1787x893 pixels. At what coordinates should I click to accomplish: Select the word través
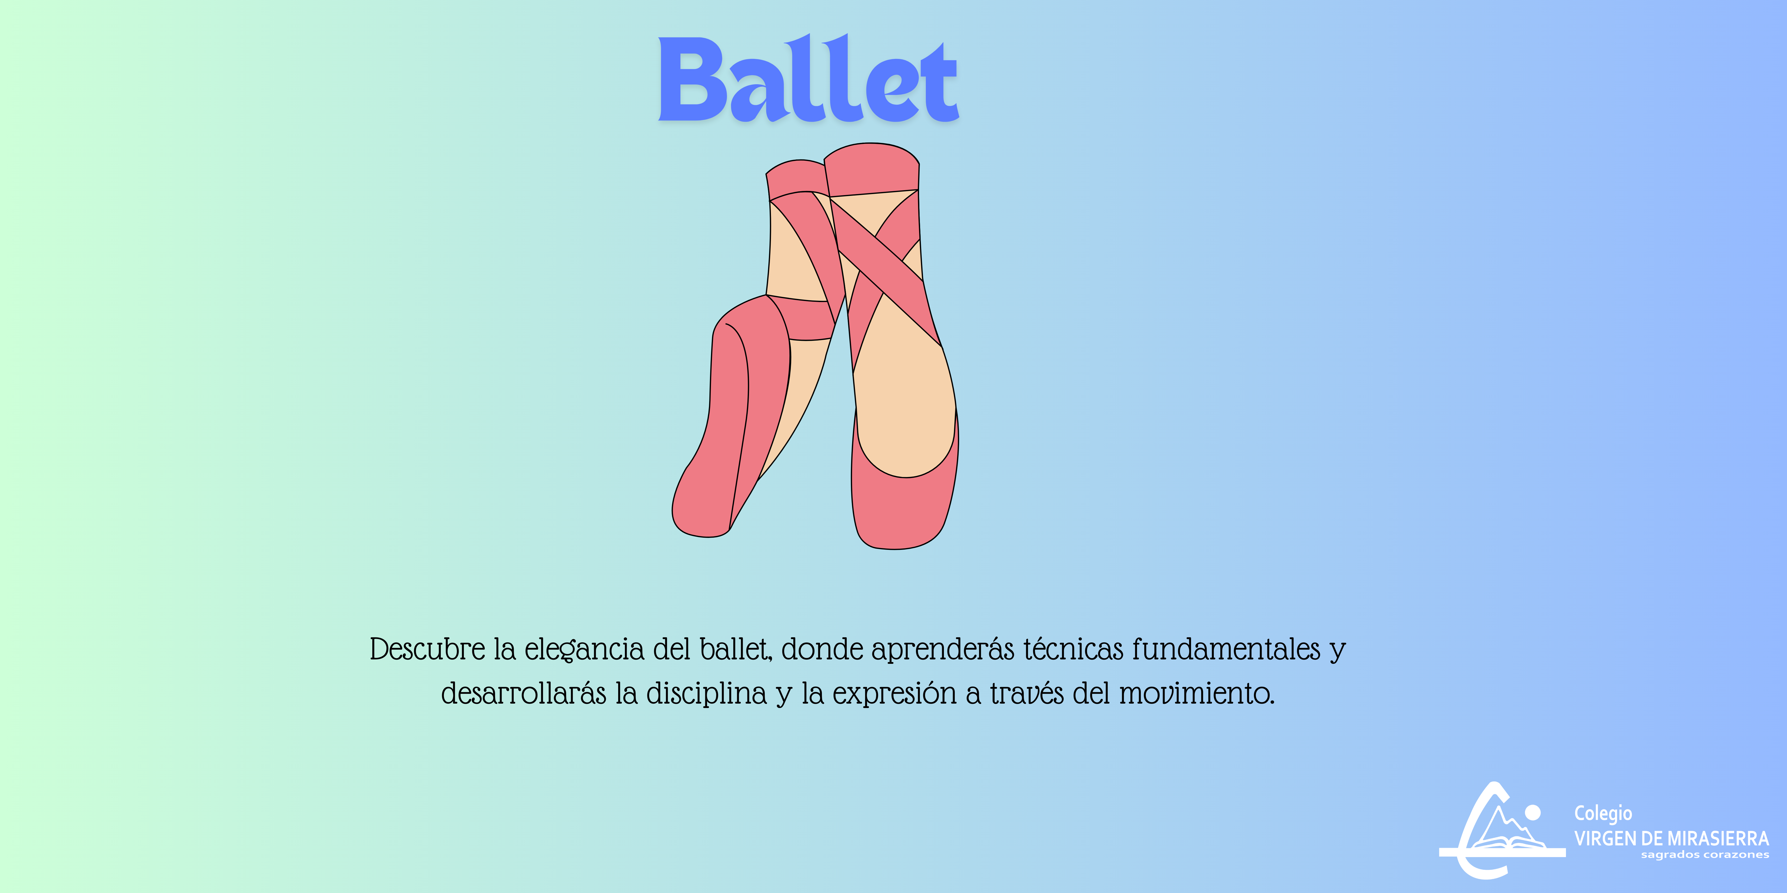pos(1026,693)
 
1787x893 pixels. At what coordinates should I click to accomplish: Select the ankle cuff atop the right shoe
pos(871,170)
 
